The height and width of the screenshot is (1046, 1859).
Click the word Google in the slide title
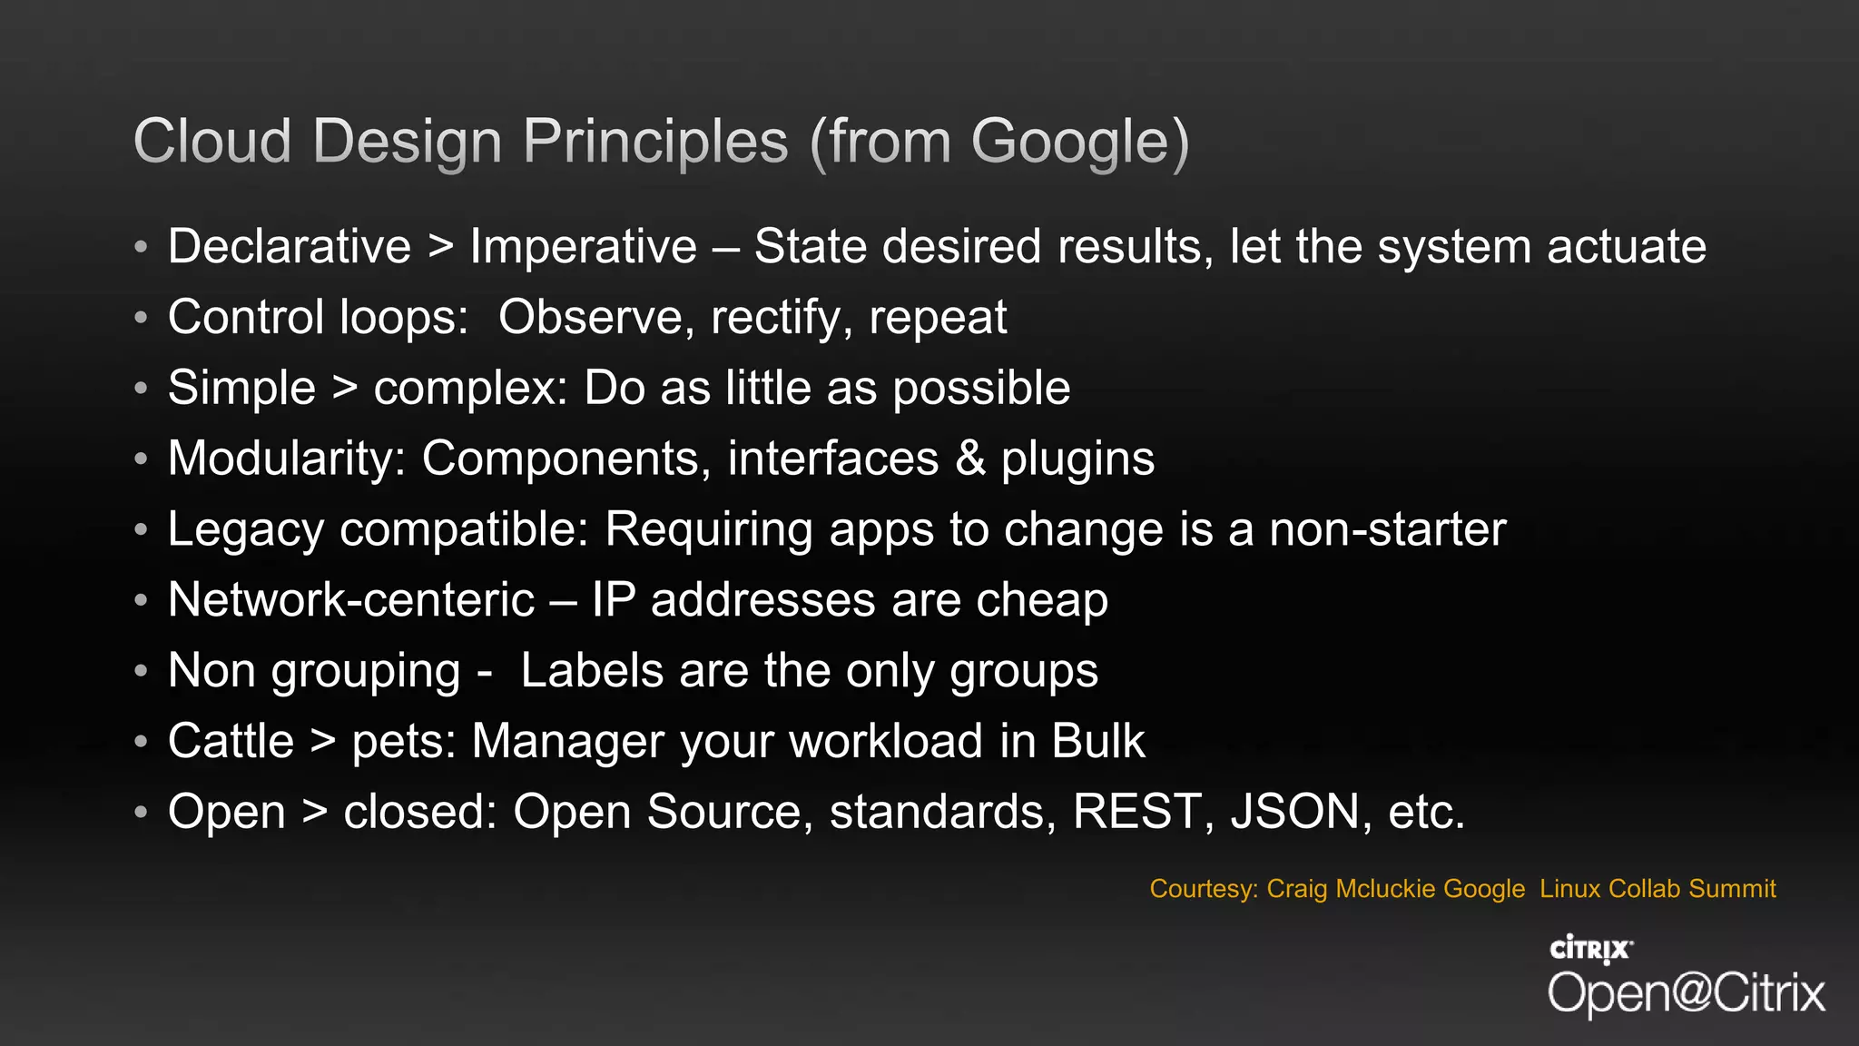pyautogui.click(x=1071, y=143)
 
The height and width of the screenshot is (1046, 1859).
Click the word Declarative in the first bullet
pyautogui.click(x=290, y=247)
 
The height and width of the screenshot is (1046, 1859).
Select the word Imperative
pyautogui.click(x=583, y=247)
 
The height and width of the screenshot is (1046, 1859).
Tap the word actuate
pyautogui.click(x=1626, y=247)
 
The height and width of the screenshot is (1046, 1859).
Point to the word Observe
pyautogui.click(x=590, y=318)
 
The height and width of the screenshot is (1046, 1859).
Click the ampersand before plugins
pyautogui.click(x=970, y=459)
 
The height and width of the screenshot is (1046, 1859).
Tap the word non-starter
pyautogui.click(x=1387, y=529)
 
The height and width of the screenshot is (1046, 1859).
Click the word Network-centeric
pyautogui.click(x=351, y=600)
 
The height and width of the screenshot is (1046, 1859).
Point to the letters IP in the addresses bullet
pyautogui.click(x=614, y=600)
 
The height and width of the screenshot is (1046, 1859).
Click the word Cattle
pyautogui.click(x=231, y=741)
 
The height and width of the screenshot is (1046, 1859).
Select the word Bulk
pyautogui.click(x=1098, y=741)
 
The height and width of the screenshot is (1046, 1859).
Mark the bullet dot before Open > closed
pyautogui.click(x=140, y=812)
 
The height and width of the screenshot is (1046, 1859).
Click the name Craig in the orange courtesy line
pyautogui.click(x=1297, y=889)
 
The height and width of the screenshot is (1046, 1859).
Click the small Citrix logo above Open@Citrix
pyautogui.click(x=1590, y=950)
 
